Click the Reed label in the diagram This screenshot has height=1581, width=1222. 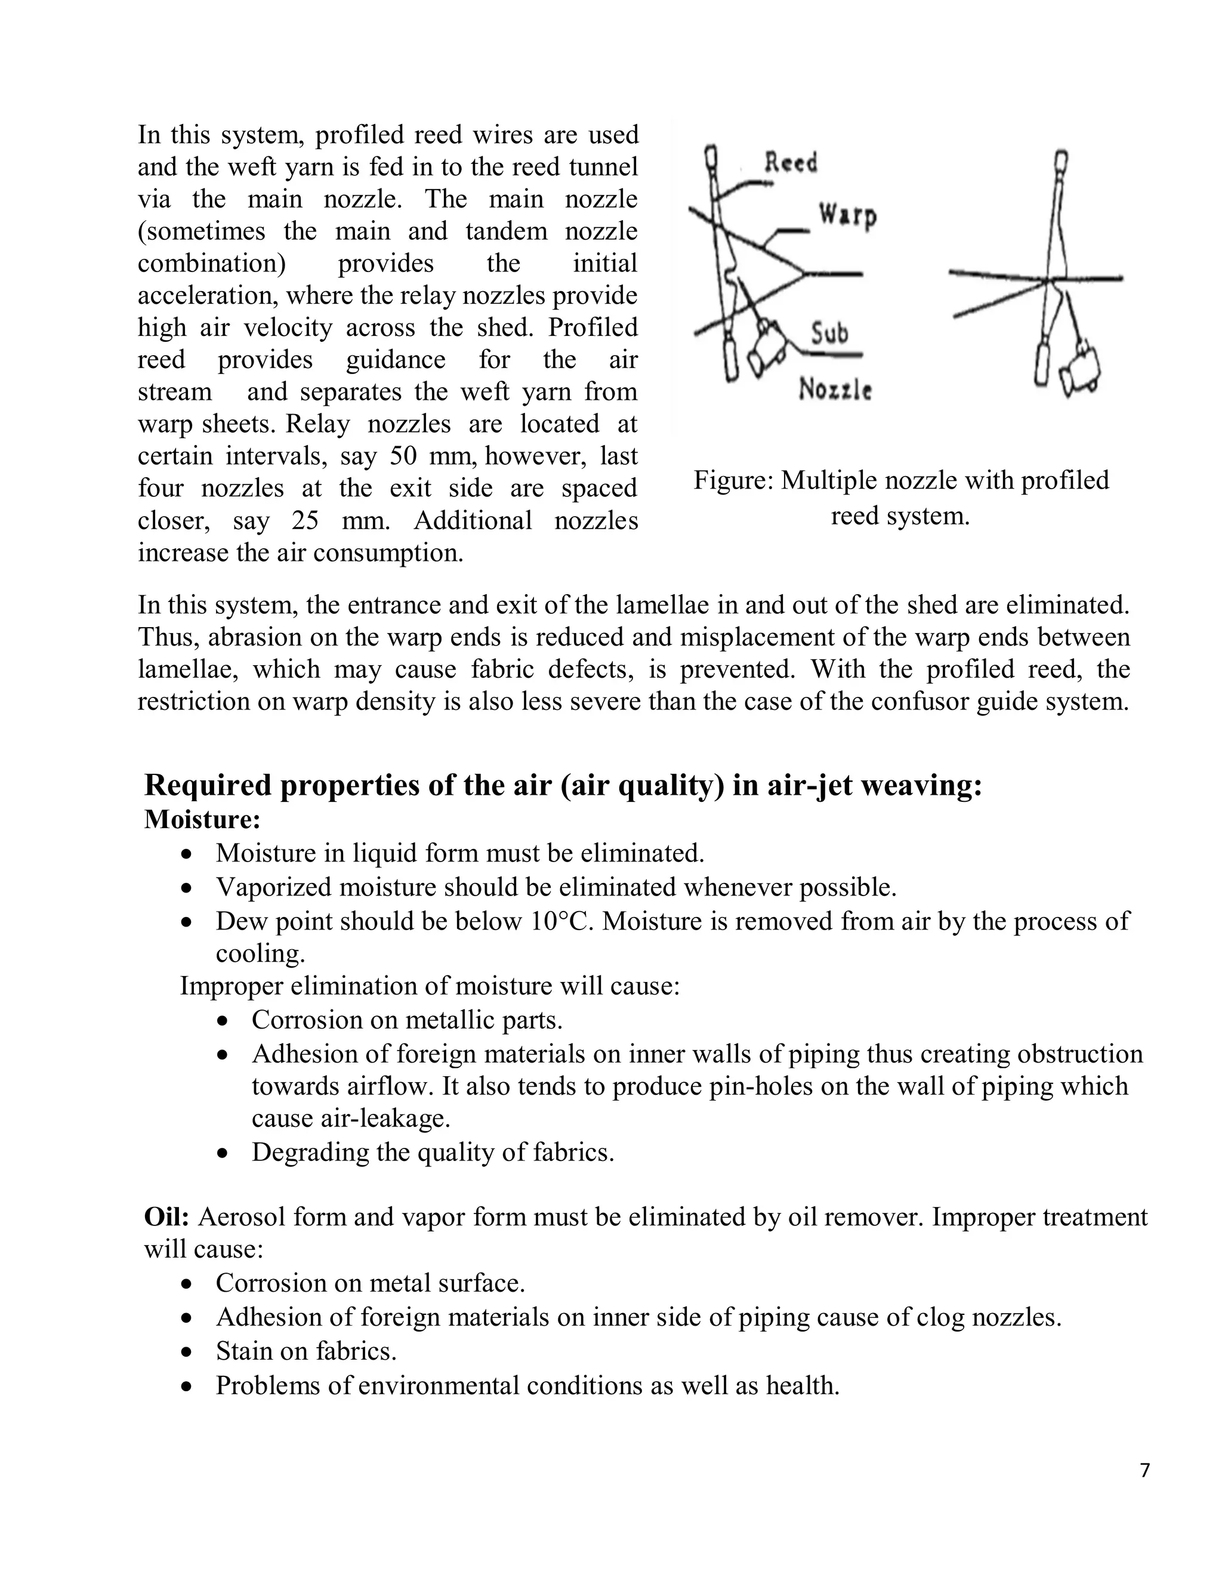(x=791, y=162)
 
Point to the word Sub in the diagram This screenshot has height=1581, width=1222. (x=829, y=333)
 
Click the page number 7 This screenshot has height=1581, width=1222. (x=1144, y=1470)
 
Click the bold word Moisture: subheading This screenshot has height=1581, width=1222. (x=202, y=820)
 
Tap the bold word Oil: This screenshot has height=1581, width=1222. (x=166, y=1217)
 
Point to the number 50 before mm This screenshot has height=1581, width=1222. (x=404, y=456)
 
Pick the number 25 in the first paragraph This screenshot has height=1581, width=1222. (x=306, y=520)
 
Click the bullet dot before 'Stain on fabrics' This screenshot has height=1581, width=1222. (x=187, y=1351)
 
